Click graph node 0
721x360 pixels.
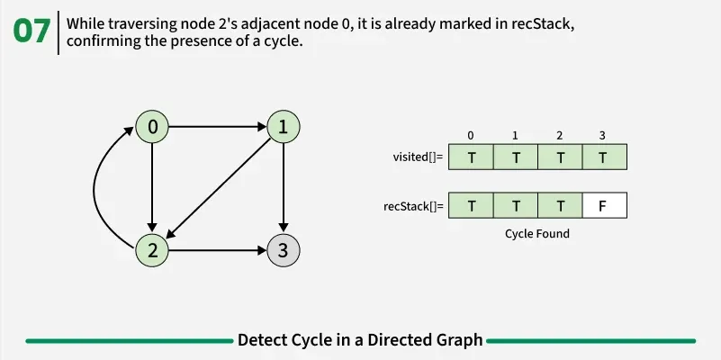click(x=153, y=128)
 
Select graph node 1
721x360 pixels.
click(x=284, y=128)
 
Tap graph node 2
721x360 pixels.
click(x=153, y=250)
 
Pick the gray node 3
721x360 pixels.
click(x=284, y=250)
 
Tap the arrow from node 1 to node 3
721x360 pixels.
click(x=284, y=189)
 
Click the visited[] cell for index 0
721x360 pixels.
click(x=471, y=157)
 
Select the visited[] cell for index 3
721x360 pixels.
click(x=603, y=157)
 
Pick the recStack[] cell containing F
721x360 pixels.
click(x=603, y=206)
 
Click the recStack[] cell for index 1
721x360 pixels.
click(x=515, y=206)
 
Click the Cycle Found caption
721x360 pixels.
click(x=537, y=233)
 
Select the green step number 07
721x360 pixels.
click(x=32, y=31)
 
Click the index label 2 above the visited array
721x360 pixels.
click(x=559, y=136)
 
